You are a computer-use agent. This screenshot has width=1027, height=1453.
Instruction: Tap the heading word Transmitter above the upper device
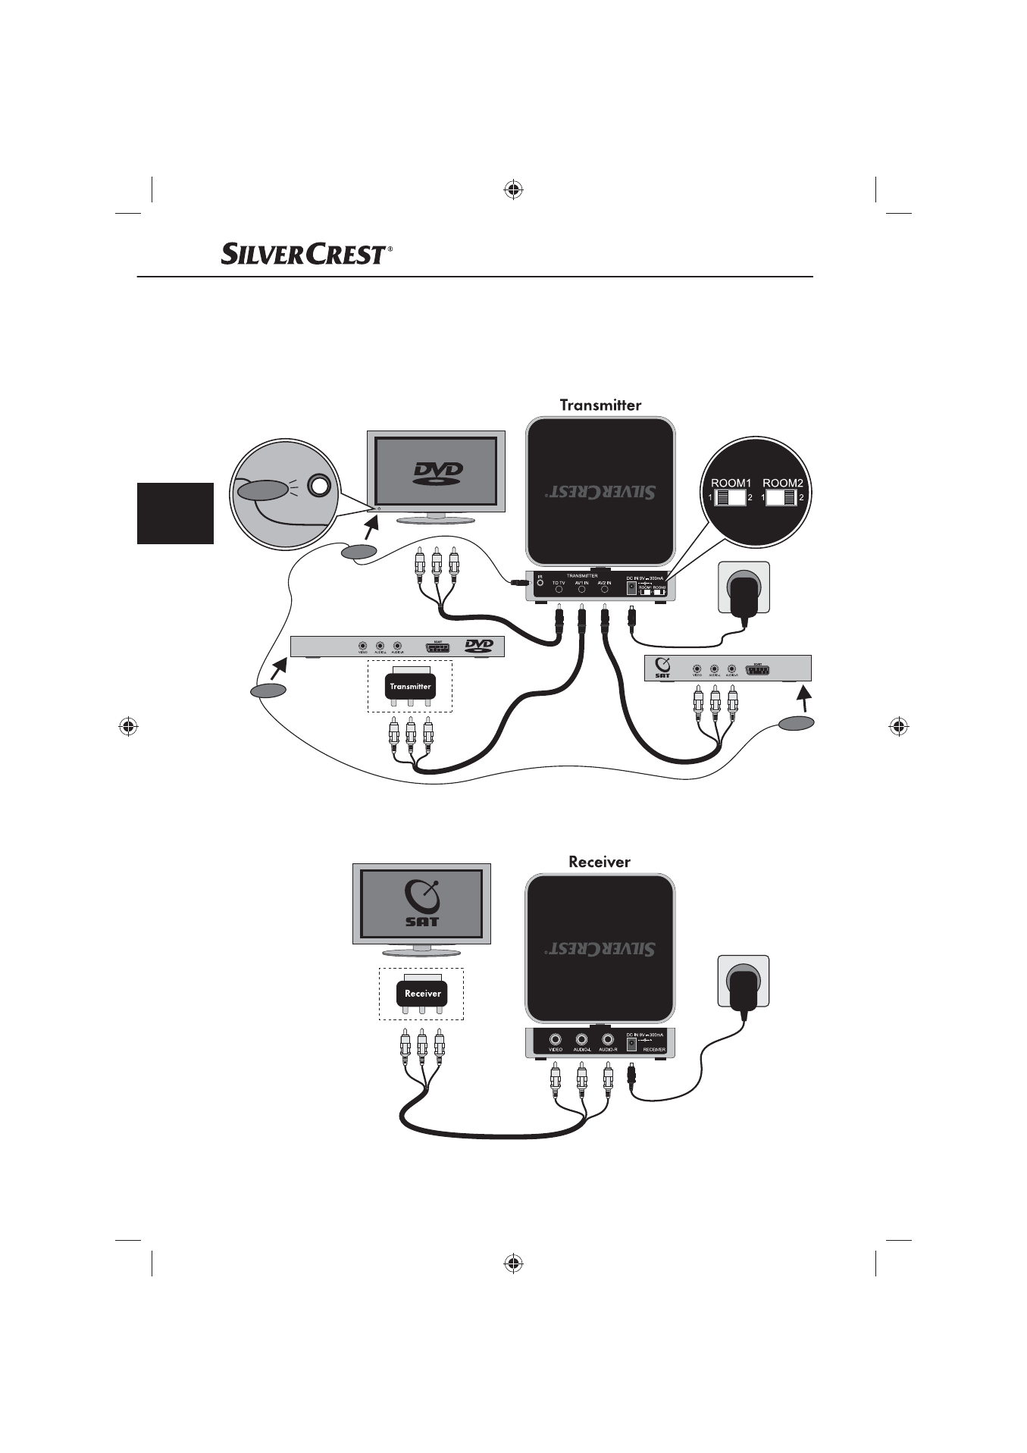[x=600, y=405]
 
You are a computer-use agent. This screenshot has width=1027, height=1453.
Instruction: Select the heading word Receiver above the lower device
[x=599, y=862]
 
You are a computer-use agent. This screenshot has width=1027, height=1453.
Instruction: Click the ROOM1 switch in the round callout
[x=731, y=498]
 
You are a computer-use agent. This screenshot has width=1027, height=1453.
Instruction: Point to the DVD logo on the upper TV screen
[x=437, y=474]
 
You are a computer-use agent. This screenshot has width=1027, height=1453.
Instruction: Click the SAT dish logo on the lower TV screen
[x=422, y=904]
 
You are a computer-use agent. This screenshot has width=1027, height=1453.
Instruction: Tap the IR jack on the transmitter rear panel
[x=540, y=584]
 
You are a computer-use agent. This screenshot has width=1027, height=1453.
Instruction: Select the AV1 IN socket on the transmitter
[x=581, y=589]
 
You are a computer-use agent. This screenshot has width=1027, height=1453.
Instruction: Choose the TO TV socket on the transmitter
[x=559, y=589]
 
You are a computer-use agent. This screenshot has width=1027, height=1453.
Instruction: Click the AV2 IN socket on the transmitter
[x=604, y=589]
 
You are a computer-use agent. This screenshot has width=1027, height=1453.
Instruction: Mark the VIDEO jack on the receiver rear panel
[x=556, y=1040]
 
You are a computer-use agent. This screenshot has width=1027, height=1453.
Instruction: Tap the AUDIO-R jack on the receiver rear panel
[x=607, y=1040]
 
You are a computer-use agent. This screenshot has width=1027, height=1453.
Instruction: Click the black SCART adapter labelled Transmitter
[x=410, y=686]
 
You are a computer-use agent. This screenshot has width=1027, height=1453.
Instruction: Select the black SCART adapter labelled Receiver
[x=422, y=993]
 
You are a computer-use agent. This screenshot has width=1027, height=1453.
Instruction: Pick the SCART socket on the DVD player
[x=437, y=647]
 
